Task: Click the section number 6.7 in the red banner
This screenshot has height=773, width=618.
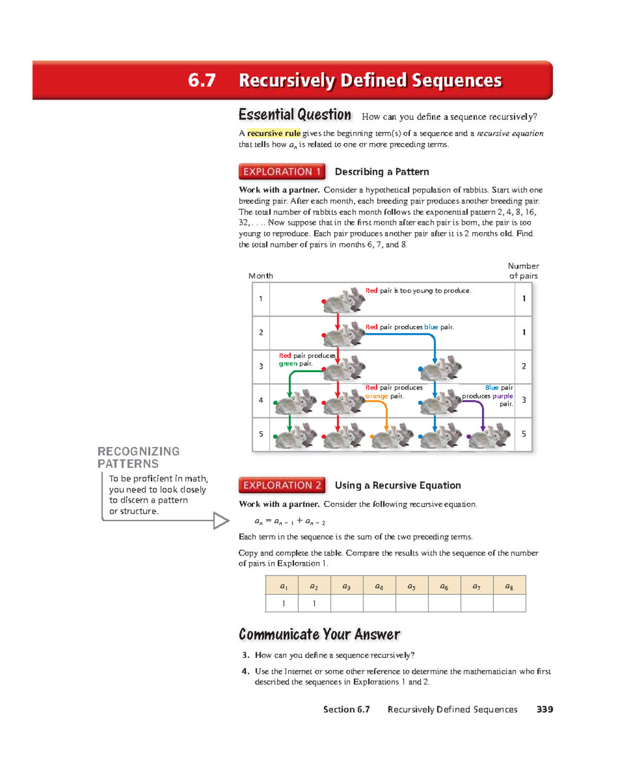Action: (x=201, y=80)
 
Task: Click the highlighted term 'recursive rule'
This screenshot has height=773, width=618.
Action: (x=273, y=133)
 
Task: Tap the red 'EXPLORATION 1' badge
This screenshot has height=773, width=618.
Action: (x=282, y=171)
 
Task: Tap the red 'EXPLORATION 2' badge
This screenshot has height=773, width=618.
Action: (x=282, y=485)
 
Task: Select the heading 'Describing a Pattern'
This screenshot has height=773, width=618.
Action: (x=382, y=172)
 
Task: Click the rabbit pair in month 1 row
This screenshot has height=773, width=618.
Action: (x=344, y=300)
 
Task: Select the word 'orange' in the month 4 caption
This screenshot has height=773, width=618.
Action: (x=376, y=396)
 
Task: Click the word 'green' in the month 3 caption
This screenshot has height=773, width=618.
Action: (x=288, y=364)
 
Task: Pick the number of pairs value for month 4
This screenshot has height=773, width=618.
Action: (x=524, y=400)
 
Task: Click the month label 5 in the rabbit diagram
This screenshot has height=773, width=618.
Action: (x=261, y=434)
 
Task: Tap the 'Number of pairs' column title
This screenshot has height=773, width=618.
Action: (x=523, y=271)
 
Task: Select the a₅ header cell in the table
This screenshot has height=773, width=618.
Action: (x=411, y=586)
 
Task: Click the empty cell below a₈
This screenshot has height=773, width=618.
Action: (x=509, y=603)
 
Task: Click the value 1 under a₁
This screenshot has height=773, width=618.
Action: (x=283, y=604)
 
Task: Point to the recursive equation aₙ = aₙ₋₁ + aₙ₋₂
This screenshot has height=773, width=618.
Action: (x=290, y=521)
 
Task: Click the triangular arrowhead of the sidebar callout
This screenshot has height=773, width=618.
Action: (x=221, y=521)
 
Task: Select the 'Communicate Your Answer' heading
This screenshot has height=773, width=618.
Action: (x=319, y=634)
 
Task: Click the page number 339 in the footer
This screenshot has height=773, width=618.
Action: (x=544, y=710)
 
